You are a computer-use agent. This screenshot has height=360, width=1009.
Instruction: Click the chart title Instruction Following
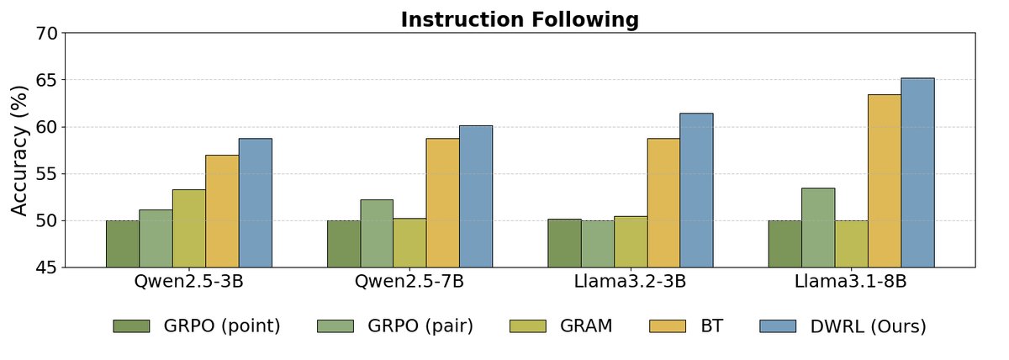(x=520, y=19)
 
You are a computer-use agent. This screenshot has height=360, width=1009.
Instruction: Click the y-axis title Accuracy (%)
(x=20, y=150)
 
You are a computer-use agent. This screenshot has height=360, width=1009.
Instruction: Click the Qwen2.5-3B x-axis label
(x=188, y=282)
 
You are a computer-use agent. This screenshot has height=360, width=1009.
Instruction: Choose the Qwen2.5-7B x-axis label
(x=409, y=282)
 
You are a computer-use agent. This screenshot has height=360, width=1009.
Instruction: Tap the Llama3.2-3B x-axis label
(x=630, y=282)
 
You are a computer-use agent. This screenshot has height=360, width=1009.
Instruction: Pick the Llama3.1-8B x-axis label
(x=851, y=282)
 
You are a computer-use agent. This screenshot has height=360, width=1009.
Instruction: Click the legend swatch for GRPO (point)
(x=131, y=326)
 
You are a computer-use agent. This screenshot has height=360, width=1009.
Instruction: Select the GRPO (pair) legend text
(x=420, y=326)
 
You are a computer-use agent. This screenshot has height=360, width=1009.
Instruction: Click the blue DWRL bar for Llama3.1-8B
(x=917, y=172)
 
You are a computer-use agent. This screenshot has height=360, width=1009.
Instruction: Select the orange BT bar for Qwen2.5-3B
(x=222, y=211)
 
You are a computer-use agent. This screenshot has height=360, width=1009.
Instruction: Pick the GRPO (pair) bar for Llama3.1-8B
(x=818, y=227)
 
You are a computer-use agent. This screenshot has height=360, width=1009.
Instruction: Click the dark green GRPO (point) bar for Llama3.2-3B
(x=564, y=243)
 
